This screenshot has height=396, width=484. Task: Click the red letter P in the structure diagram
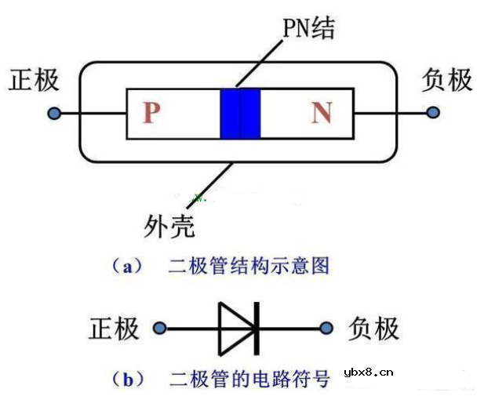[151, 114]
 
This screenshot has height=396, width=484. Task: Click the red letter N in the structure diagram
[321, 114]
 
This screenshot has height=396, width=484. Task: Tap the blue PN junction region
[240, 114]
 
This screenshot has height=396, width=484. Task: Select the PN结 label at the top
[308, 30]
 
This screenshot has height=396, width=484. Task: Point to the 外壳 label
[169, 227]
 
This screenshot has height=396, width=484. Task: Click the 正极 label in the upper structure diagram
[33, 82]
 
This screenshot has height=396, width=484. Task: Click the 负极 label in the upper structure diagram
[446, 81]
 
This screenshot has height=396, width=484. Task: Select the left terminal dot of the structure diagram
[54, 114]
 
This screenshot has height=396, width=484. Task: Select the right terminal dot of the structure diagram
[432, 114]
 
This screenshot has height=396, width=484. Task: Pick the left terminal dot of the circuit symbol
[160, 329]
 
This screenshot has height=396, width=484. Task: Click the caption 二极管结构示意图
[249, 267]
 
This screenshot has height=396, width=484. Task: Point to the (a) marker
[126, 267]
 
